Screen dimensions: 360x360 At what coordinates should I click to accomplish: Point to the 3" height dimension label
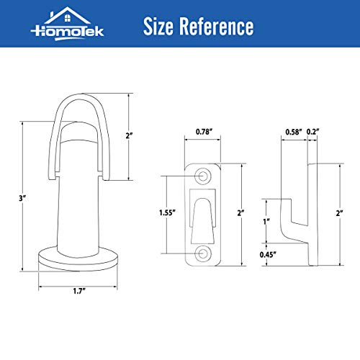[13, 196]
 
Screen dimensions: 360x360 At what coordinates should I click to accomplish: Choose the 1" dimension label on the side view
[266, 221]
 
